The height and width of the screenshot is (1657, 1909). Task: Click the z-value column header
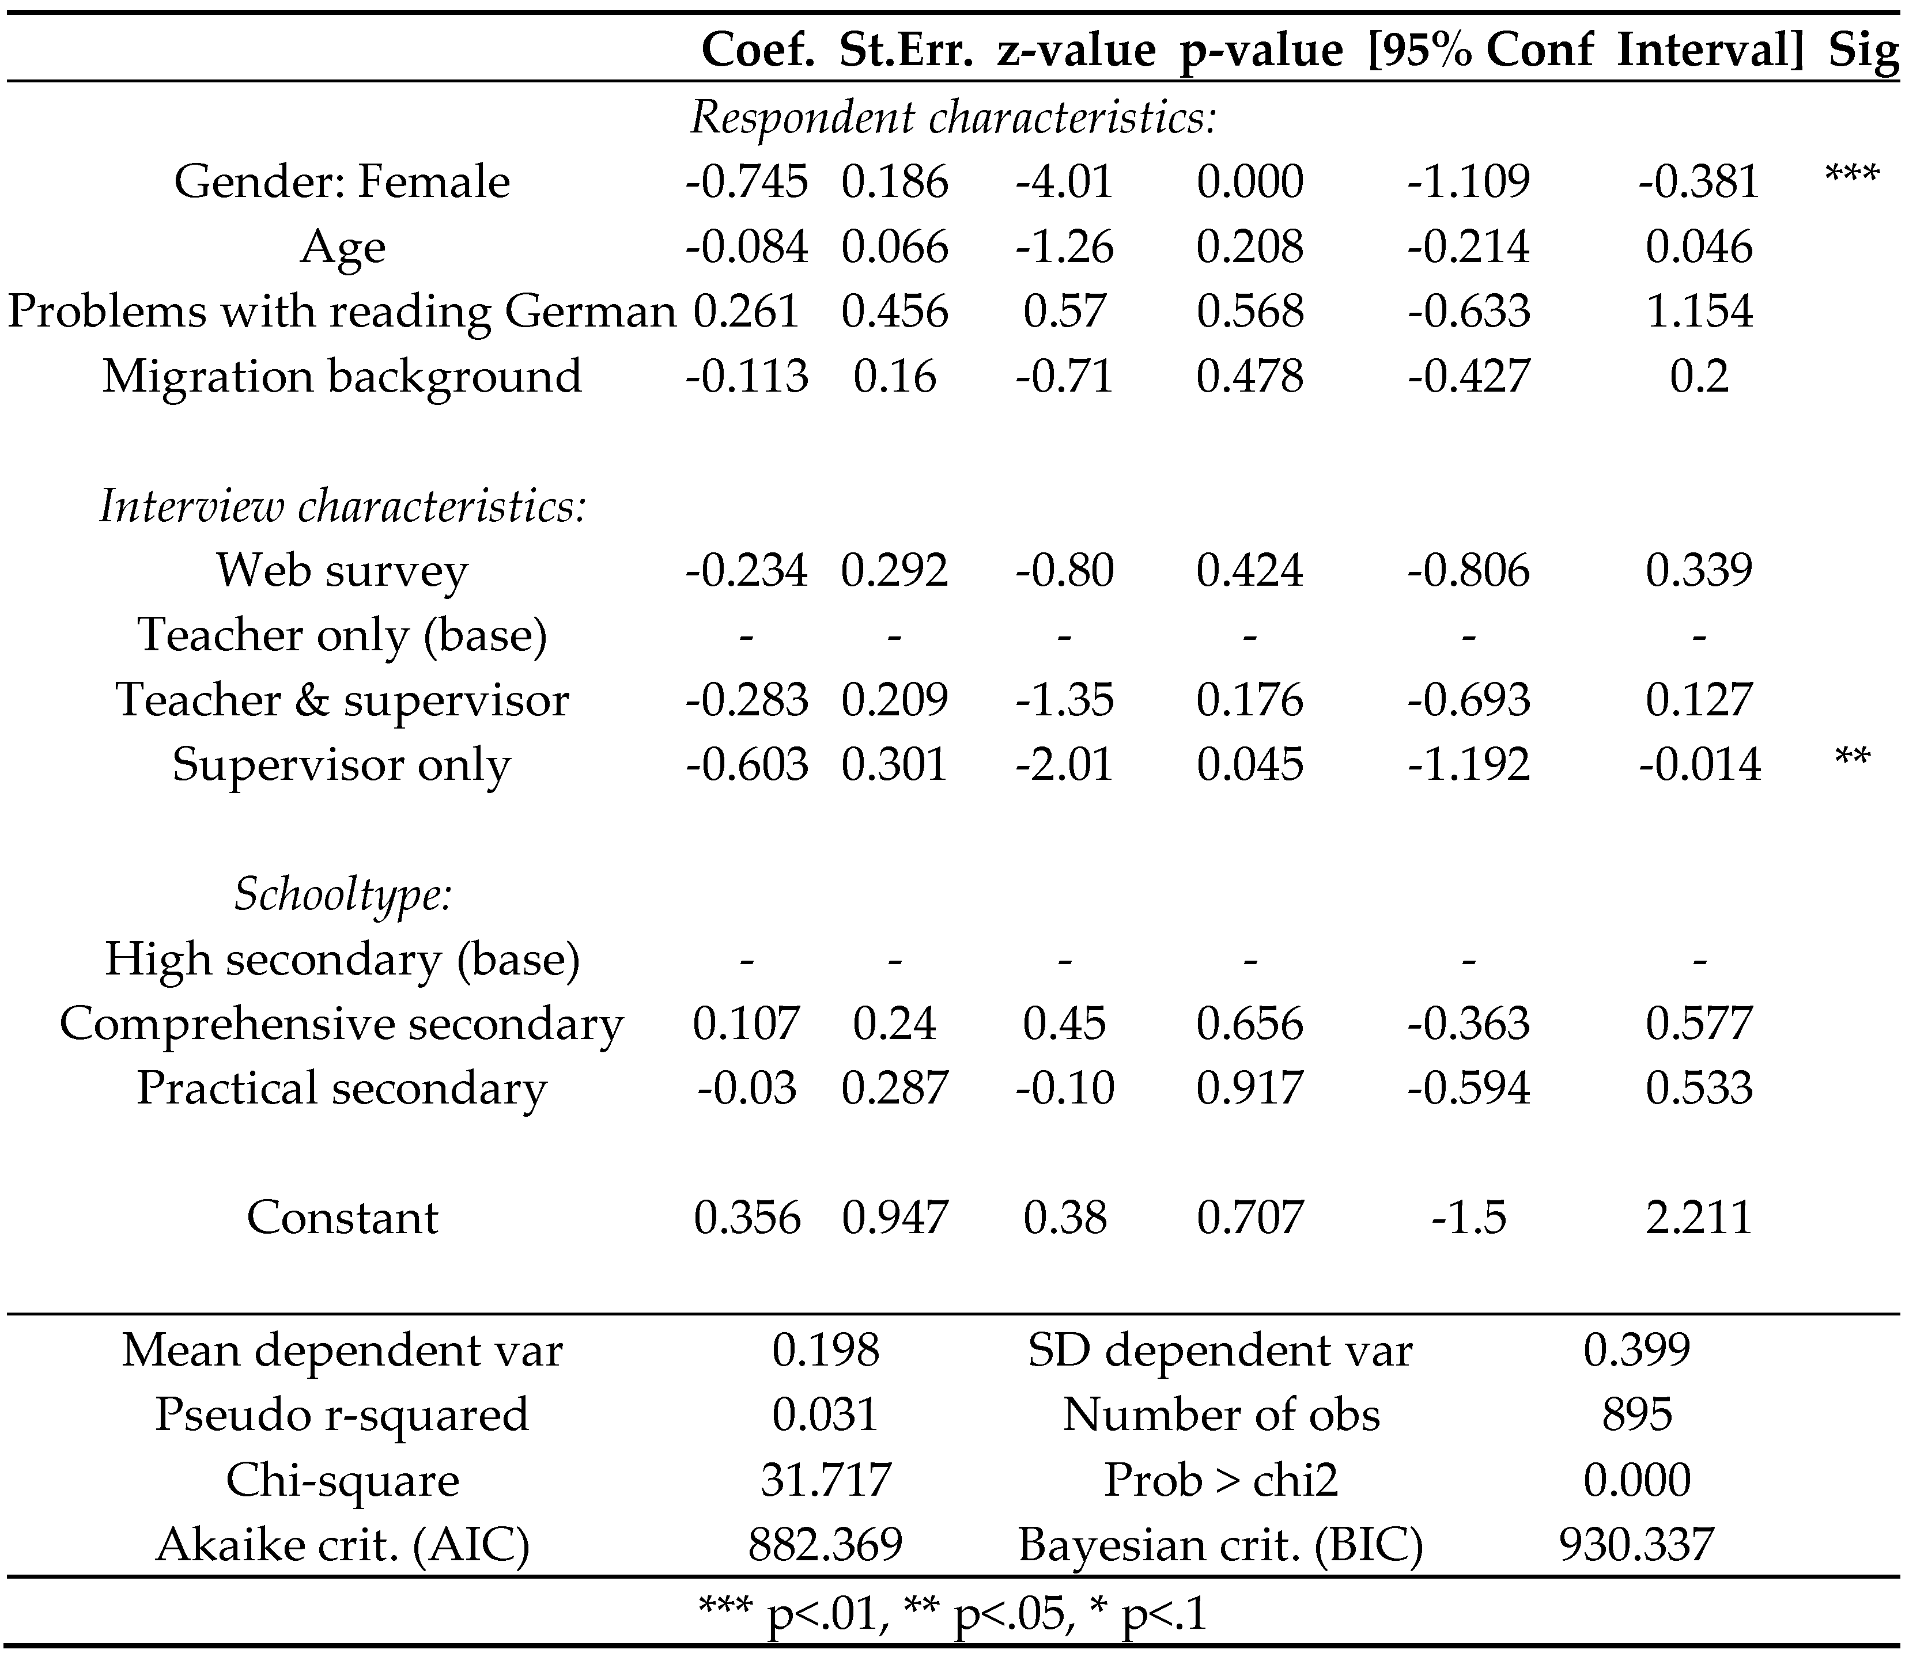tap(1076, 49)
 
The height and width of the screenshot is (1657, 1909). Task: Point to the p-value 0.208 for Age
tap(1250, 247)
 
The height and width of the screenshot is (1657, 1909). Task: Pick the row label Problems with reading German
tap(341, 312)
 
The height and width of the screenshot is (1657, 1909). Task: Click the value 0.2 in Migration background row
tap(1699, 376)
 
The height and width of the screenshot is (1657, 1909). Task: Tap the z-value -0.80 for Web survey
tap(1065, 571)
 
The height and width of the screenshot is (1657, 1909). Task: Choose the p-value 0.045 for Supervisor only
tap(1250, 765)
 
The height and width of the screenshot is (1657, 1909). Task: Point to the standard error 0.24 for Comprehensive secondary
tap(894, 1023)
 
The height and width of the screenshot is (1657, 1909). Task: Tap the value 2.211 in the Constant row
tap(1699, 1218)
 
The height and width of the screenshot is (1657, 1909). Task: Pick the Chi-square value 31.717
tap(825, 1480)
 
